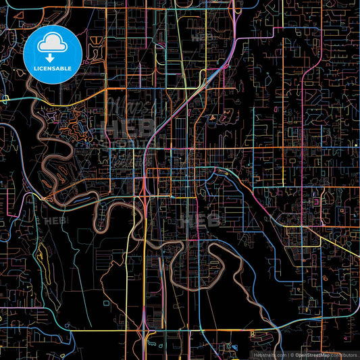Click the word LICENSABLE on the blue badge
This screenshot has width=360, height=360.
(x=53, y=68)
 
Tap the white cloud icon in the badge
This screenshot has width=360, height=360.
(x=52, y=43)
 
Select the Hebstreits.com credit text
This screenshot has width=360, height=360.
(x=269, y=355)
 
